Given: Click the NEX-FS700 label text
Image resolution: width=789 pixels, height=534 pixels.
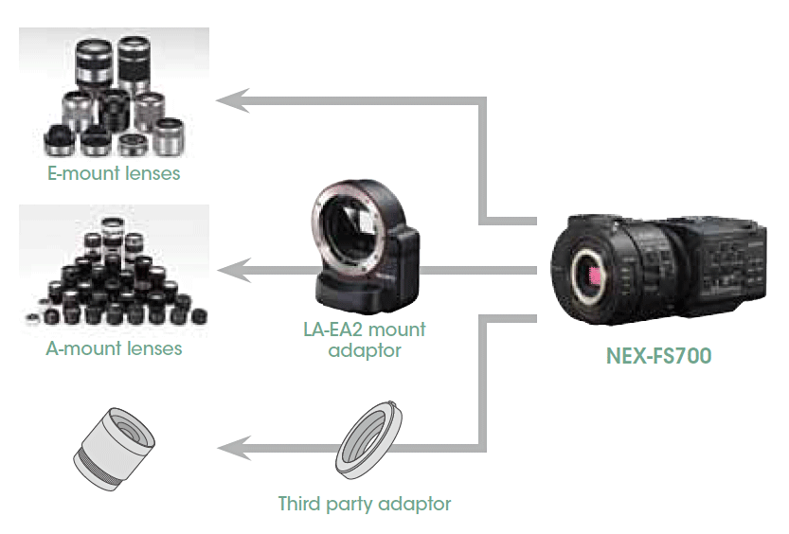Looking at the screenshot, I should (658, 357).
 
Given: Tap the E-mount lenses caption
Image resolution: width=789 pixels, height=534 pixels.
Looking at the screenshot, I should (114, 174).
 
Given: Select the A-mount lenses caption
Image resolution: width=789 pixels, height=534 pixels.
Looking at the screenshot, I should (114, 348).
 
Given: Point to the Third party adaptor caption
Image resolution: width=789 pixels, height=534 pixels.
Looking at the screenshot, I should (365, 503).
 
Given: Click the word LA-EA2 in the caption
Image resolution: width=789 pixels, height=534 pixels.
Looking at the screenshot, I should (323, 330).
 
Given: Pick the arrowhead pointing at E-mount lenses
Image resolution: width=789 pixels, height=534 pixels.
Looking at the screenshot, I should (231, 98).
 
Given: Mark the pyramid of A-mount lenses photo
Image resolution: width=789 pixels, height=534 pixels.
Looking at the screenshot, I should (114, 270).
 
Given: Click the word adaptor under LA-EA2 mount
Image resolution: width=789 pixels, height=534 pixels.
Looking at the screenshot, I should (366, 351).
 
